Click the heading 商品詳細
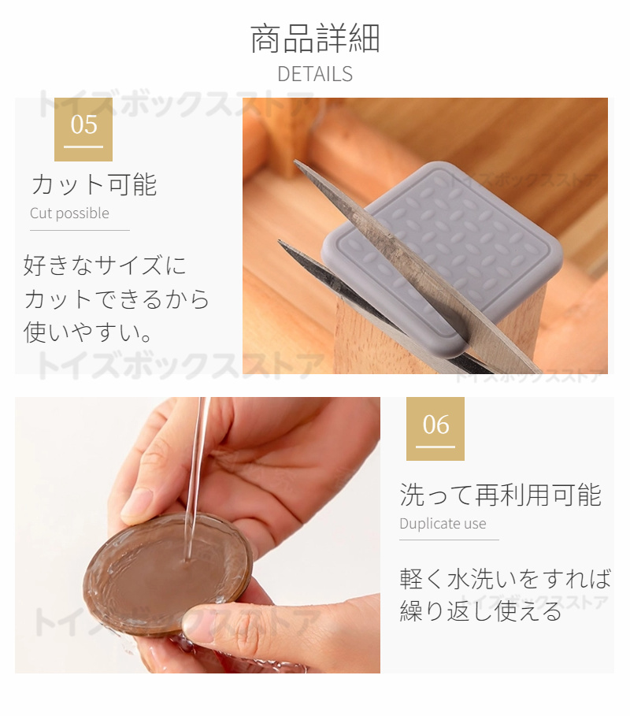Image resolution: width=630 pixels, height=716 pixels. (x=315, y=39)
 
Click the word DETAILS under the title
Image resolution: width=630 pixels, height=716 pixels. (x=315, y=74)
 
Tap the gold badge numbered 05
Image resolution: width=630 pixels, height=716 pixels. (x=83, y=129)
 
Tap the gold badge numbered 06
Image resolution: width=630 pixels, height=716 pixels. (x=435, y=428)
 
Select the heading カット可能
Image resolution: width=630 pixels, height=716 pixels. (x=94, y=185)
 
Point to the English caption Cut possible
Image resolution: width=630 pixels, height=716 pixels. (x=69, y=213)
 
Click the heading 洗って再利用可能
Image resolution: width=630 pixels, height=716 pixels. (x=501, y=495)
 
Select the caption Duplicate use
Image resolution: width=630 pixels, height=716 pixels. (x=443, y=523)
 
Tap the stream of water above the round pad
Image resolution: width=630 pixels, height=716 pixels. (x=196, y=475)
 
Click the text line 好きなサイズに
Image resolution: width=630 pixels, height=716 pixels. (x=105, y=265)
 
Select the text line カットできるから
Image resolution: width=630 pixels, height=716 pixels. (x=117, y=299)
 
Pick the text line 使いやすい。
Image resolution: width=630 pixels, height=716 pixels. (x=87, y=332)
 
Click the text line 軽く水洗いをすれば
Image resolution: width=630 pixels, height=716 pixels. (x=506, y=579)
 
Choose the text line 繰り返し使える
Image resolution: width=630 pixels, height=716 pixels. (x=480, y=611)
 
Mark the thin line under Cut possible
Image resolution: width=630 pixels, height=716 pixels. (x=80, y=230)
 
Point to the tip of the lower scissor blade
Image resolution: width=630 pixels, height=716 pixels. (x=279, y=241)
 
